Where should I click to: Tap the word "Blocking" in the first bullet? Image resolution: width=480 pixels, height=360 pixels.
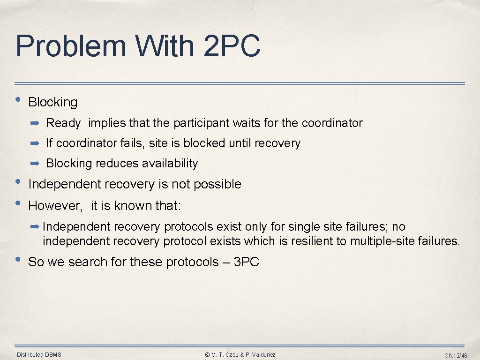pyautogui.click(x=53, y=102)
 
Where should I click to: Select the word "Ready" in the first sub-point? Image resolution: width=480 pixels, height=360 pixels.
pyautogui.click(x=63, y=123)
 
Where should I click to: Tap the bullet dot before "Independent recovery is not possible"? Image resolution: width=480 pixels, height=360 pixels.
pyautogui.click(x=18, y=182)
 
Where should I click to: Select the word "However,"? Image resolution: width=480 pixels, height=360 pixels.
pyautogui.click(x=55, y=206)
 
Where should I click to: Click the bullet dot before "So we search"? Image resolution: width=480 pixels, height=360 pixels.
pyautogui.click(x=18, y=259)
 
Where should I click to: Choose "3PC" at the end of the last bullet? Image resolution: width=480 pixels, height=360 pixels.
pyautogui.click(x=246, y=262)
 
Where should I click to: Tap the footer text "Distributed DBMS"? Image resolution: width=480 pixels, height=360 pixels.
pyautogui.click(x=39, y=355)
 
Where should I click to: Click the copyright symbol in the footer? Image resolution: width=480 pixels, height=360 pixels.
pyautogui.click(x=208, y=355)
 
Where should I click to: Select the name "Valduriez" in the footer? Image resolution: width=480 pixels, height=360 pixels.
pyautogui.click(x=262, y=355)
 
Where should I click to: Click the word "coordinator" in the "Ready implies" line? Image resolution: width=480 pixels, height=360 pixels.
pyautogui.click(x=332, y=123)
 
